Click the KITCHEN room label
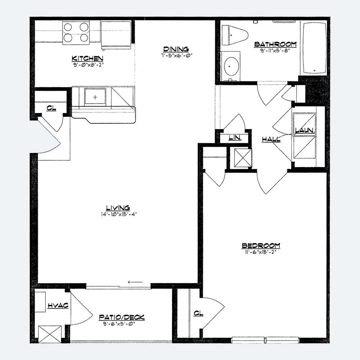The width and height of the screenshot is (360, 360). click(87, 58)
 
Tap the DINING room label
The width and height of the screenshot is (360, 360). click(176, 49)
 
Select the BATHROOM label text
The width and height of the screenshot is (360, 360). click(275, 44)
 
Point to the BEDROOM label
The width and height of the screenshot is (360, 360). click(261, 246)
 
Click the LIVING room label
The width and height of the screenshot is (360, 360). click(118, 208)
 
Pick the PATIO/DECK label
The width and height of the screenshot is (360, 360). click(122, 317)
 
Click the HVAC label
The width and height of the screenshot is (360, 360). click(58, 305)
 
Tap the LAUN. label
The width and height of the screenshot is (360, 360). click(305, 130)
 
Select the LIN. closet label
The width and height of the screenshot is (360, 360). click(235, 138)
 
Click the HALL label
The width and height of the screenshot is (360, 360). click(271, 139)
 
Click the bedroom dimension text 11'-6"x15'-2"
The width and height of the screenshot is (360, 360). click(260, 252)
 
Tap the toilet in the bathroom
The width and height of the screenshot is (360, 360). click(235, 35)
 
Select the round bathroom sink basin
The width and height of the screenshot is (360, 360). click(231, 66)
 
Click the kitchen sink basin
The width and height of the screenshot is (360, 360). click(95, 96)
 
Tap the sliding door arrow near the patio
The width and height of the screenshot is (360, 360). click(135, 282)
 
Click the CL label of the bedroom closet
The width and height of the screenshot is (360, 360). click(198, 313)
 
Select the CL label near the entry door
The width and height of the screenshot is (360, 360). click(51, 108)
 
